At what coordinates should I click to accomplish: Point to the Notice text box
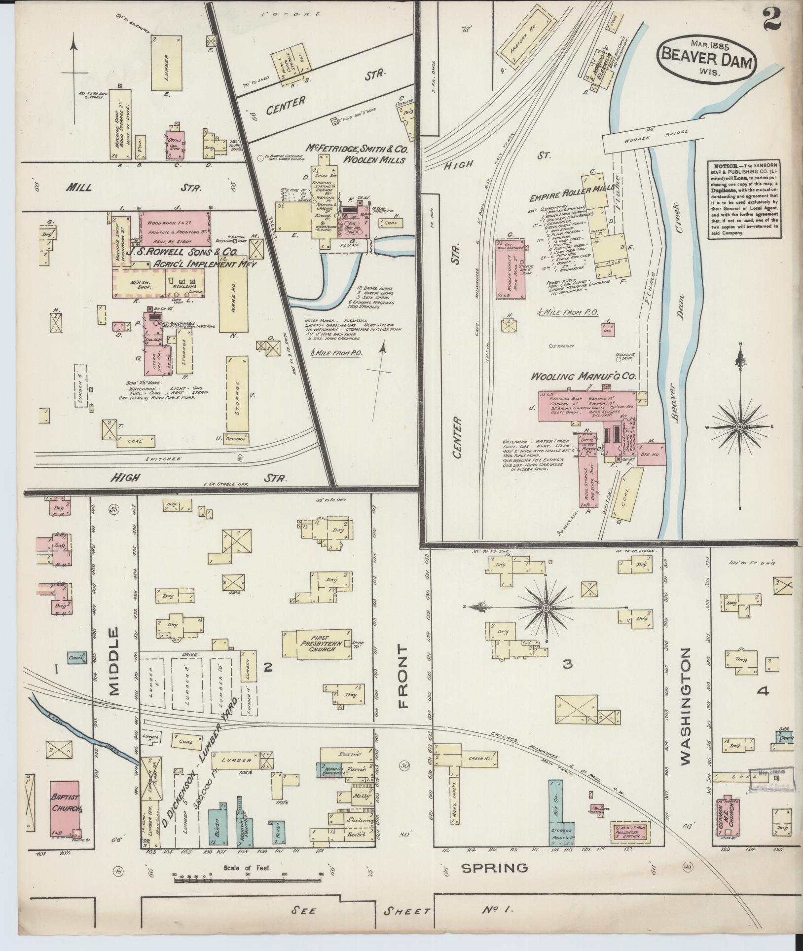pos(742,200)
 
